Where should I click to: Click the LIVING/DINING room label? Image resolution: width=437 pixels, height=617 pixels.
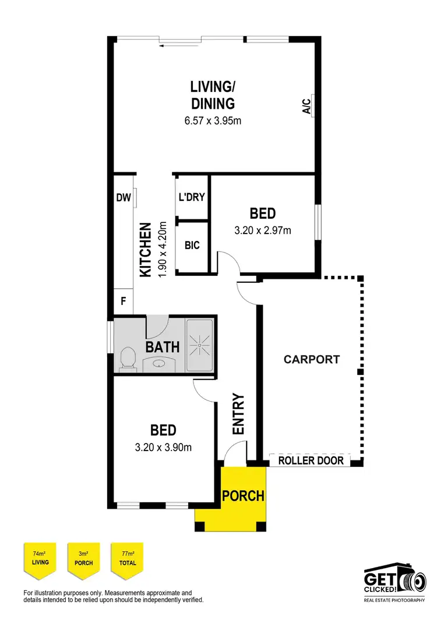213,95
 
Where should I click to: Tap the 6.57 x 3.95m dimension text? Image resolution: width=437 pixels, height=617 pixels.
213,122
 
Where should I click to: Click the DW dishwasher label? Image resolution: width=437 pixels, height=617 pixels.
123,198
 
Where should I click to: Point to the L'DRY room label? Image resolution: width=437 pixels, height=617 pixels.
192,197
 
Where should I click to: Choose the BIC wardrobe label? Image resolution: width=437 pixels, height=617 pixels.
192,245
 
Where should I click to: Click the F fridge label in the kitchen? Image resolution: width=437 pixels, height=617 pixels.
123,302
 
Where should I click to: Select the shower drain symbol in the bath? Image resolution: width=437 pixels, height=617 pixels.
200,346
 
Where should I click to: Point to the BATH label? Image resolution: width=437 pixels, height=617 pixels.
162,347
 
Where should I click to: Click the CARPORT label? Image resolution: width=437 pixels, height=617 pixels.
311,359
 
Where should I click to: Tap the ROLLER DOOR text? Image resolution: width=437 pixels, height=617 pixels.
311,461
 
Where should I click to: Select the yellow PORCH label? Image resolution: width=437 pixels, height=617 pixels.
243,497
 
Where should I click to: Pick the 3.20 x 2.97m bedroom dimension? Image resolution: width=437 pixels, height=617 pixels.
262,231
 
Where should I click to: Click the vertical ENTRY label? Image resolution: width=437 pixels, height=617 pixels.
238,414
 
